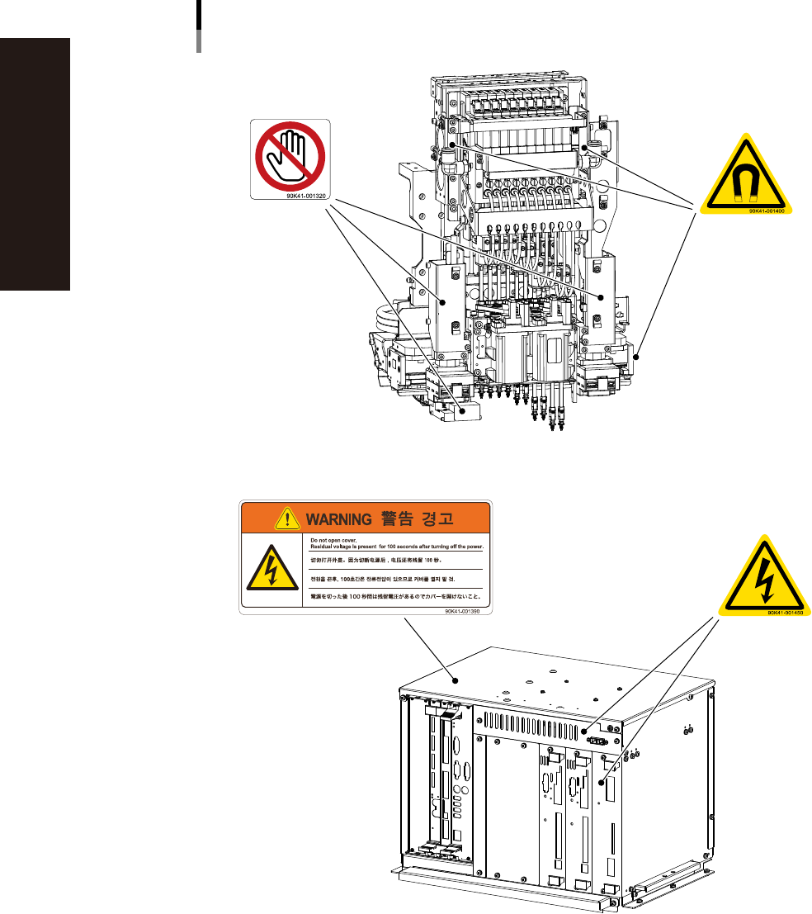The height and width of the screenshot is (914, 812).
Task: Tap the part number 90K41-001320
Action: point(307,197)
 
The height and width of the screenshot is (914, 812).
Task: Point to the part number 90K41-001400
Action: point(766,211)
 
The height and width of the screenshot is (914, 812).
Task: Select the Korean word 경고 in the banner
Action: point(441,519)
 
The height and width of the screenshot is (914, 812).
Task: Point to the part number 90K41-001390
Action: point(463,611)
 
